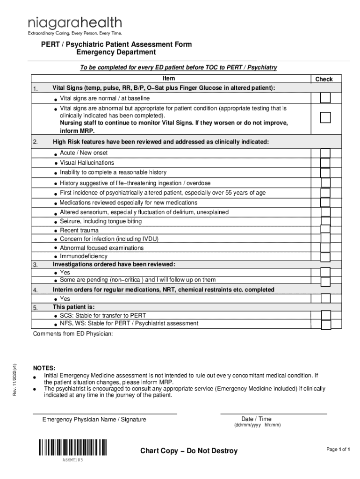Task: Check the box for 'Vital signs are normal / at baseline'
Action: pyautogui.click(x=325, y=98)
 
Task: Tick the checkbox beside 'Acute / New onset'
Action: pyautogui.click(x=325, y=153)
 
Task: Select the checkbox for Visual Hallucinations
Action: pyautogui.click(x=325, y=163)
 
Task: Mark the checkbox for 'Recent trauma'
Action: pyautogui.click(x=325, y=230)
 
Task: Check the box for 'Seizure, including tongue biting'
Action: pyautogui.click(x=325, y=221)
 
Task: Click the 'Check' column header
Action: pyautogui.click(x=324, y=80)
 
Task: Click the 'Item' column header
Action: pyautogui.click(x=169, y=79)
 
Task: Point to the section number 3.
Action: pyautogui.click(x=36, y=265)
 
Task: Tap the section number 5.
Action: pyautogui.click(x=36, y=307)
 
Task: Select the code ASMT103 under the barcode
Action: pyautogui.click(x=73, y=460)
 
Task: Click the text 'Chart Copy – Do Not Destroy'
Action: pyautogui.click(x=189, y=451)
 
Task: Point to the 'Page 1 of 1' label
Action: pyautogui.click(x=338, y=450)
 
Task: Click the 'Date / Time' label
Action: pyautogui.click(x=256, y=419)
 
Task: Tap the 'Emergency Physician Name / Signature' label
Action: pyautogui.click(x=94, y=420)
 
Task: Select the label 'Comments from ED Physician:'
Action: pyautogui.click(x=72, y=334)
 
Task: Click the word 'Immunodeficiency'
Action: pyautogui.click(x=84, y=256)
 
